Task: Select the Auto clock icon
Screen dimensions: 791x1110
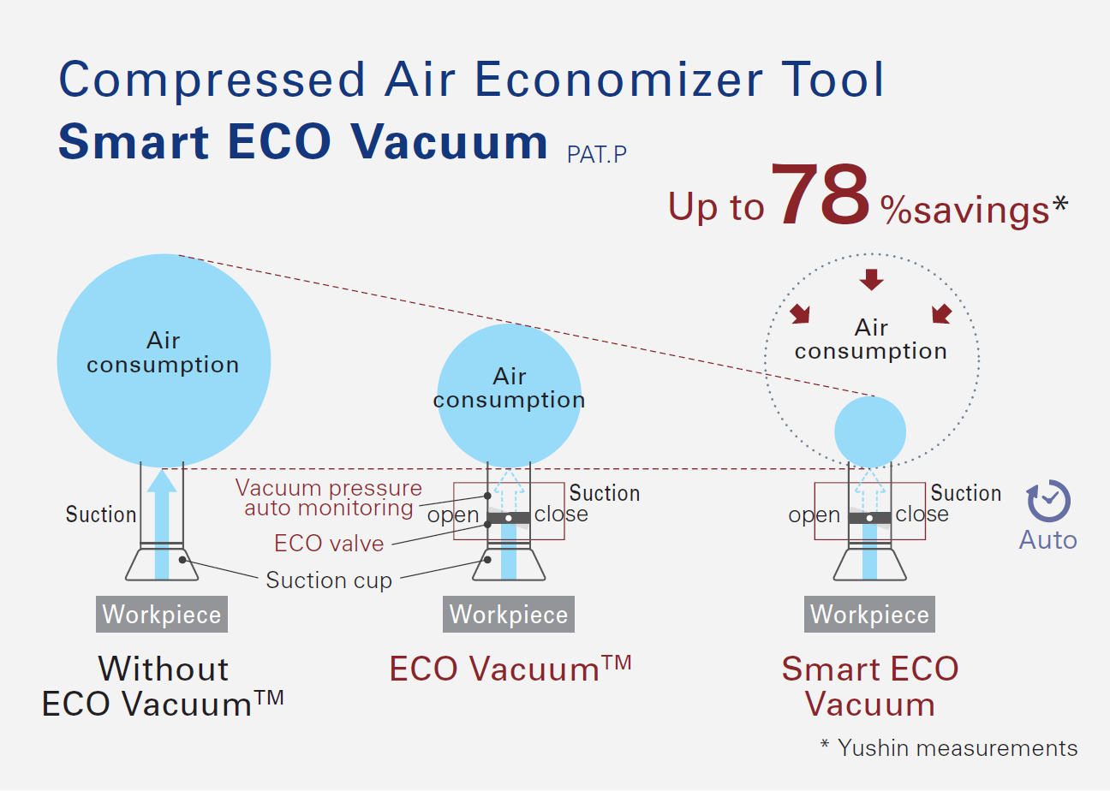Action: click(1047, 502)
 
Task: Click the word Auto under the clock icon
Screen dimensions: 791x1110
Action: click(1047, 540)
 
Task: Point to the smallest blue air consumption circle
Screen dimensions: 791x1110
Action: click(870, 431)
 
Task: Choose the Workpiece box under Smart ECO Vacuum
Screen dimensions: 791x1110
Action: click(869, 615)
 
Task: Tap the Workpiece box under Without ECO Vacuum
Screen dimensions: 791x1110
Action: click(162, 615)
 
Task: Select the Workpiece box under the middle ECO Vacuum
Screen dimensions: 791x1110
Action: click(509, 615)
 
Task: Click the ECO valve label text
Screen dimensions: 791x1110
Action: click(329, 544)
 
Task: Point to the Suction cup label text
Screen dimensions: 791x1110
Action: click(329, 580)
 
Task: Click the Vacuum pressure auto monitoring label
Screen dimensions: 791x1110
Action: click(329, 498)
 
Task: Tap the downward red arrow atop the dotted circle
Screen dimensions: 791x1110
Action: click(872, 279)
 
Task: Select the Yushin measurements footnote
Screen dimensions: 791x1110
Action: click(949, 747)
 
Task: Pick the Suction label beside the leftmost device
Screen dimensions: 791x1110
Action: click(101, 514)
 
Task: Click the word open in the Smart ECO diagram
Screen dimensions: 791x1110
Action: click(814, 515)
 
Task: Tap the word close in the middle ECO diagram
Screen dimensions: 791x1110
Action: click(561, 514)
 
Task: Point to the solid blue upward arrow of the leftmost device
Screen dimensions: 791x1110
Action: click(162, 522)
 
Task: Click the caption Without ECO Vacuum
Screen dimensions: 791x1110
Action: click(163, 686)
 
